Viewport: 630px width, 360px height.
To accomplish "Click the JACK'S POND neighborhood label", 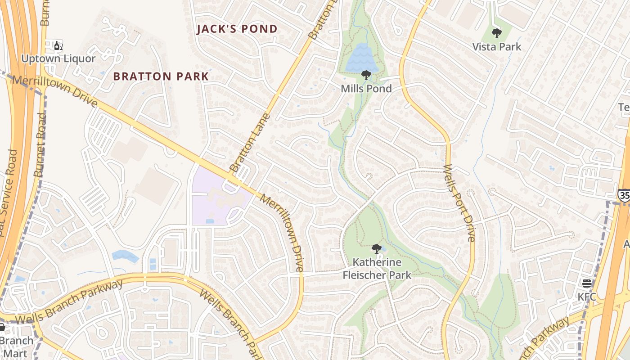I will tap(237, 29).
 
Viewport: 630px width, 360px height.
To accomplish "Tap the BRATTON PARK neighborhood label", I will tap(161, 76).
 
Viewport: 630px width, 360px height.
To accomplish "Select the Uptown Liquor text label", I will tap(58, 58).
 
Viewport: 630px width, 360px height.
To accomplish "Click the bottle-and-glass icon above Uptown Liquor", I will tap(58, 46).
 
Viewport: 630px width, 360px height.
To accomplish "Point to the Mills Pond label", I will tap(366, 89).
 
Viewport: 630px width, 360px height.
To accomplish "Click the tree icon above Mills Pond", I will tap(366, 75).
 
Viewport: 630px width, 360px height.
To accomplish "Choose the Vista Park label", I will tap(497, 46).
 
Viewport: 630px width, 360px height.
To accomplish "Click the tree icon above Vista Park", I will tap(497, 33).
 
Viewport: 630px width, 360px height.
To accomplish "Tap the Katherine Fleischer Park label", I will tap(377, 268).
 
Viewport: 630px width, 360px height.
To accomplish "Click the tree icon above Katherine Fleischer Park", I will tap(377, 248).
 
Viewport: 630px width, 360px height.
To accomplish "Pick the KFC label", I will tap(587, 297).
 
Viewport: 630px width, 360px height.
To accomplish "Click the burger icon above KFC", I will tap(587, 283).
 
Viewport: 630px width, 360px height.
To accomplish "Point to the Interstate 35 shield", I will tap(624, 195).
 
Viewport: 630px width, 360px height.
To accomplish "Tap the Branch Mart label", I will tap(17, 346).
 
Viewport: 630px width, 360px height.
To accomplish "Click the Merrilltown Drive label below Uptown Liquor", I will tap(55, 91).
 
